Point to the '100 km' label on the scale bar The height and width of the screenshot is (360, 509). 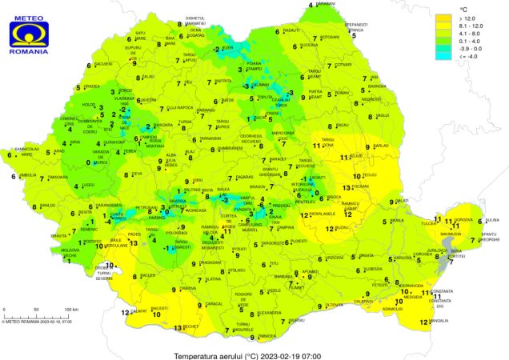70,309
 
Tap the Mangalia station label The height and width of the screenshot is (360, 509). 439,322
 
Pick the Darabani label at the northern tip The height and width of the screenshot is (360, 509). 325,4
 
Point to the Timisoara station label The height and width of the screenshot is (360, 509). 58,176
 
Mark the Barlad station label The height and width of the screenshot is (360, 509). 381,146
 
